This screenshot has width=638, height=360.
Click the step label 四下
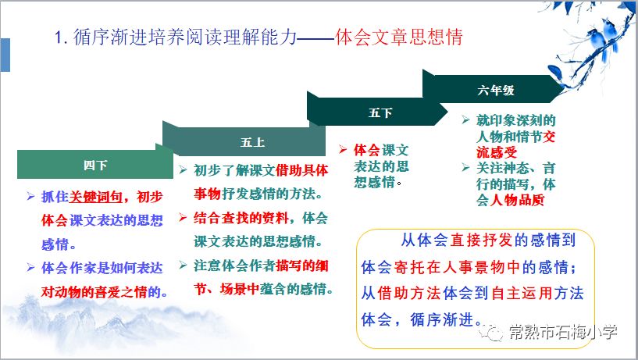pos(95,165)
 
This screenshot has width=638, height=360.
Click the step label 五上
pos(252,142)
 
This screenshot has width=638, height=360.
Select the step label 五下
pos(380,112)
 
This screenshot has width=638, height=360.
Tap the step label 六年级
pos(496,90)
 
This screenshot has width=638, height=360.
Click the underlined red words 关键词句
pos(95,197)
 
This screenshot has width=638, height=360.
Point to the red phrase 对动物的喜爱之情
pos(94,291)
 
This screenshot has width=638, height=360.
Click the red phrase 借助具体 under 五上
pos(301,170)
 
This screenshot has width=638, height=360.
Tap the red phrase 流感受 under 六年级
pos(497,152)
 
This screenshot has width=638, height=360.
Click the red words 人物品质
pos(517,200)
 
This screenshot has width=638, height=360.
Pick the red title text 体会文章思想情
pos(399,37)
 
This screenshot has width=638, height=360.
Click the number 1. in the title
pos(61,37)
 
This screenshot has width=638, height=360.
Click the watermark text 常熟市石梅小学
pos(563,333)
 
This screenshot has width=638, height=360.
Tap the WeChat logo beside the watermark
pos(490,333)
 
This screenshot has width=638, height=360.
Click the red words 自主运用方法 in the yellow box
pos(537,293)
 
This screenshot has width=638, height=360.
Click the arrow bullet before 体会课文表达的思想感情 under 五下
pos(343,150)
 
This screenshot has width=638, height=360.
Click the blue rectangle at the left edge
pos(5,55)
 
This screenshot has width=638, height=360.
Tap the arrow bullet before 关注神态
pos(466,167)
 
